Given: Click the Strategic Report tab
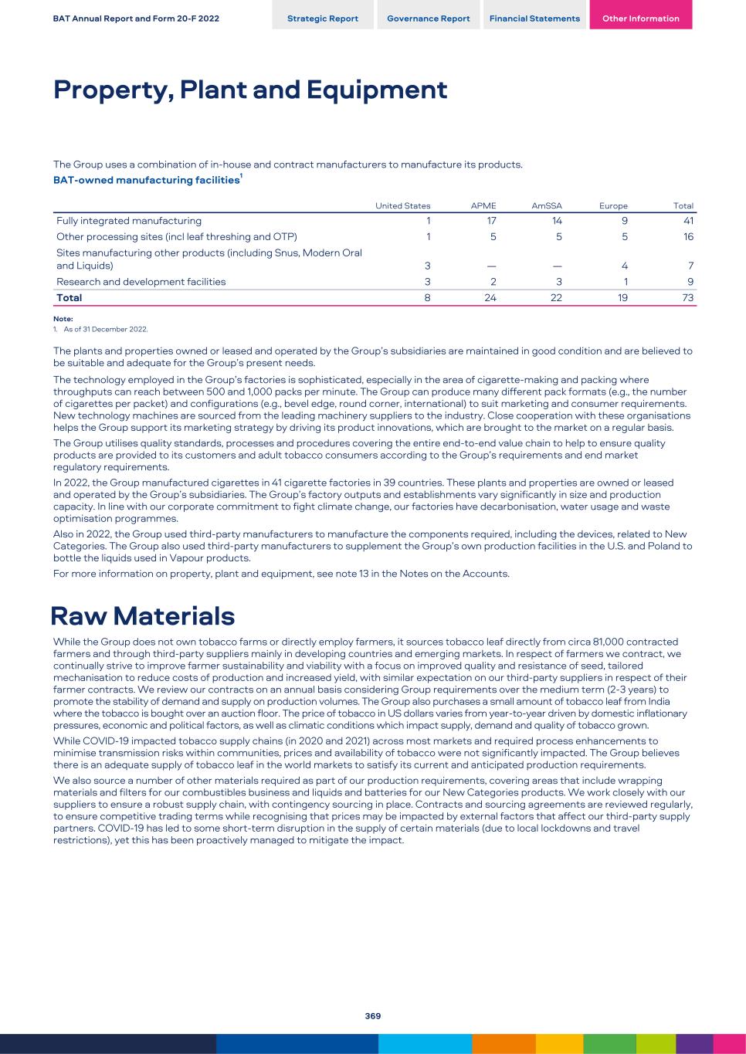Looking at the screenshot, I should click(x=322, y=19).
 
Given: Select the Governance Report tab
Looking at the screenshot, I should click(x=428, y=19).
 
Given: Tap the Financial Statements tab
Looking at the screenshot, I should click(x=534, y=19).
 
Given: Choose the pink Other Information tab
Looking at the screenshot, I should click(x=640, y=19).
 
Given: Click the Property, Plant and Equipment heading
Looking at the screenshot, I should click(x=250, y=90).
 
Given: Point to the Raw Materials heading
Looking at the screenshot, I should click(x=143, y=616).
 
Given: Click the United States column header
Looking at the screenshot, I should click(x=402, y=206).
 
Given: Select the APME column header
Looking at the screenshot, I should click(x=483, y=206).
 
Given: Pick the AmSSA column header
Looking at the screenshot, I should click(x=547, y=206).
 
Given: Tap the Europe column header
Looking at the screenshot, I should click(x=613, y=206).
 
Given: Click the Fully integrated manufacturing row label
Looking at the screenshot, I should click(x=129, y=221).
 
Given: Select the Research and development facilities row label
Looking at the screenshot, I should click(x=141, y=282).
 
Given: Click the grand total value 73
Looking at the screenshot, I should click(x=687, y=297).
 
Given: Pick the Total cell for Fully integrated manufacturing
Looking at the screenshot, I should click(x=687, y=221).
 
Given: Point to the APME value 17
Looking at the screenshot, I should click(x=491, y=221).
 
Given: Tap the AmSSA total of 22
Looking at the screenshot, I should click(x=556, y=297).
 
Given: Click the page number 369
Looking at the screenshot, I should click(x=373, y=1016).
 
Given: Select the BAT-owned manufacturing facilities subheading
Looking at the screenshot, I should click(x=147, y=180).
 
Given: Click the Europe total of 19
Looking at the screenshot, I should click(x=622, y=297).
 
